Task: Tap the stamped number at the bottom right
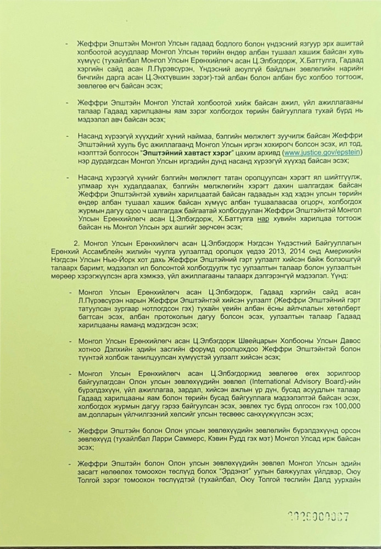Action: click(319, 517)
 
